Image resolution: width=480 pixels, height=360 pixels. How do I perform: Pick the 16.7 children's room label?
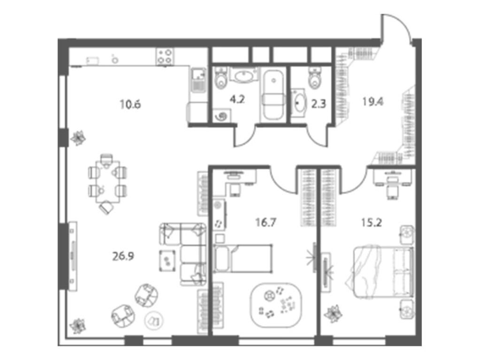coord(263,222)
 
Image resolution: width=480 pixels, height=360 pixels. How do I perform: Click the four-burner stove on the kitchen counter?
coord(164,56)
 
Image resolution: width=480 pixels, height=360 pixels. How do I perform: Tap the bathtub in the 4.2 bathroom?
coord(272,95)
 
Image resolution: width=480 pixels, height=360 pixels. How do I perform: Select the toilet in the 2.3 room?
coord(315,79)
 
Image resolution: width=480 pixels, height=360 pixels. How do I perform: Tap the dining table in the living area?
coord(107,179)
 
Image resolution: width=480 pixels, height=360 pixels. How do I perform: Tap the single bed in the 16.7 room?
coord(242,258)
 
